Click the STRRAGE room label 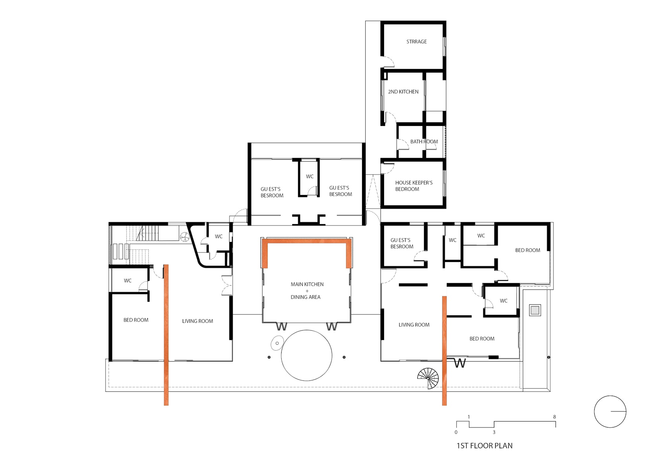pyautogui.click(x=416, y=42)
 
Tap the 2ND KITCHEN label pyautogui.click(x=403, y=92)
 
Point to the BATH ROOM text pyautogui.click(x=424, y=142)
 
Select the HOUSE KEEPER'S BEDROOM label pyautogui.click(x=413, y=185)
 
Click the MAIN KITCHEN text pyautogui.click(x=307, y=284)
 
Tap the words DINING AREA pyautogui.click(x=305, y=297)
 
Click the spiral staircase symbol pyautogui.click(x=428, y=378)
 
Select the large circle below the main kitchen pyautogui.click(x=307, y=355)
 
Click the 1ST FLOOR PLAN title pyautogui.click(x=484, y=446)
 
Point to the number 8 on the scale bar pyautogui.click(x=554, y=416)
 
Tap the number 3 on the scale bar pyautogui.click(x=494, y=432)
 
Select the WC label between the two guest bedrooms pyautogui.click(x=309, y=176)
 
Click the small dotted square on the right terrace pyautogui.click(x=535, y=310)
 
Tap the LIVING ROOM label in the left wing pyautogui.click(x=197, y=321)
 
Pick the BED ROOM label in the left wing pyautogui.click(x=136, y=320)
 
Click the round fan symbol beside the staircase pyautogui.click(x=185, y=236)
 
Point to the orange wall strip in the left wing pyautogui.click(x=166, y=335)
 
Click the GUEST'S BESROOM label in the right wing pyautogui.click(x=402, y=243)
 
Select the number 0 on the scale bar pyautogui.click(x=456, y=432)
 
